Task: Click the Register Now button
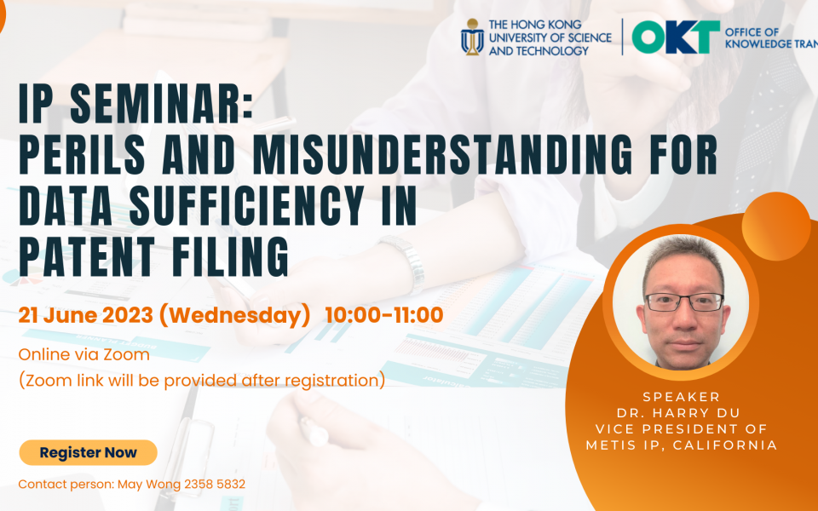(88, 452)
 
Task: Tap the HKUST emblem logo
(472, 37)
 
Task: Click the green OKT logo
(676, 37)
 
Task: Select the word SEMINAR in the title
(162, 105)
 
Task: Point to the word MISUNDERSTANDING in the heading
(443, 155)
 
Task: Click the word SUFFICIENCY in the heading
(247, 205)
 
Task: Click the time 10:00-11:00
(384, 315)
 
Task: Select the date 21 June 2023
(85, 315)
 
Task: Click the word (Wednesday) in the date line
(235, 315)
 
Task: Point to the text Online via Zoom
(84, 354)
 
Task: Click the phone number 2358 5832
(215, 485)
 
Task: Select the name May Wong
(148, 485)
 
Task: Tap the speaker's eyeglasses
(684, 301)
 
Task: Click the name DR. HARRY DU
(678, 413)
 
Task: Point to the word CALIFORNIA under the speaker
(725, 445)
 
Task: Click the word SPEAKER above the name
(682, 397)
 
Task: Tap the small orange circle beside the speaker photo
(776, 227)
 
